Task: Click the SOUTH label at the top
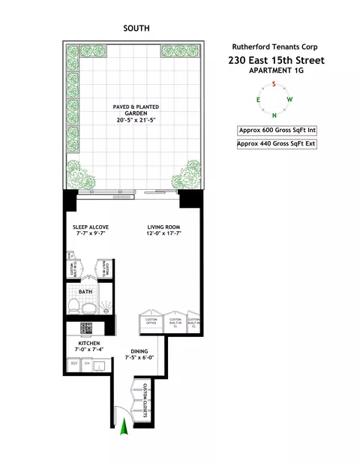pyautogui.click(x=136, y=29)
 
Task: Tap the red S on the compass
pyautogui.click(x=274, y=84)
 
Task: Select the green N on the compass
pyautogui.click(x=274, y=116)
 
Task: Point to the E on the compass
pyautogui.click(x=259, y=100)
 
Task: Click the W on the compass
pyautogui.click(x=290, y=100)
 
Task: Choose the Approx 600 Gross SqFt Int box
pyautogui.click(x=275, y=130)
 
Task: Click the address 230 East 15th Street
pyautogui.click(x=276, y=60)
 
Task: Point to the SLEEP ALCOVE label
pyautogui.click(x=88, y=226)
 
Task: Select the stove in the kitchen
pyautogui.click(x=86, y=327)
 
